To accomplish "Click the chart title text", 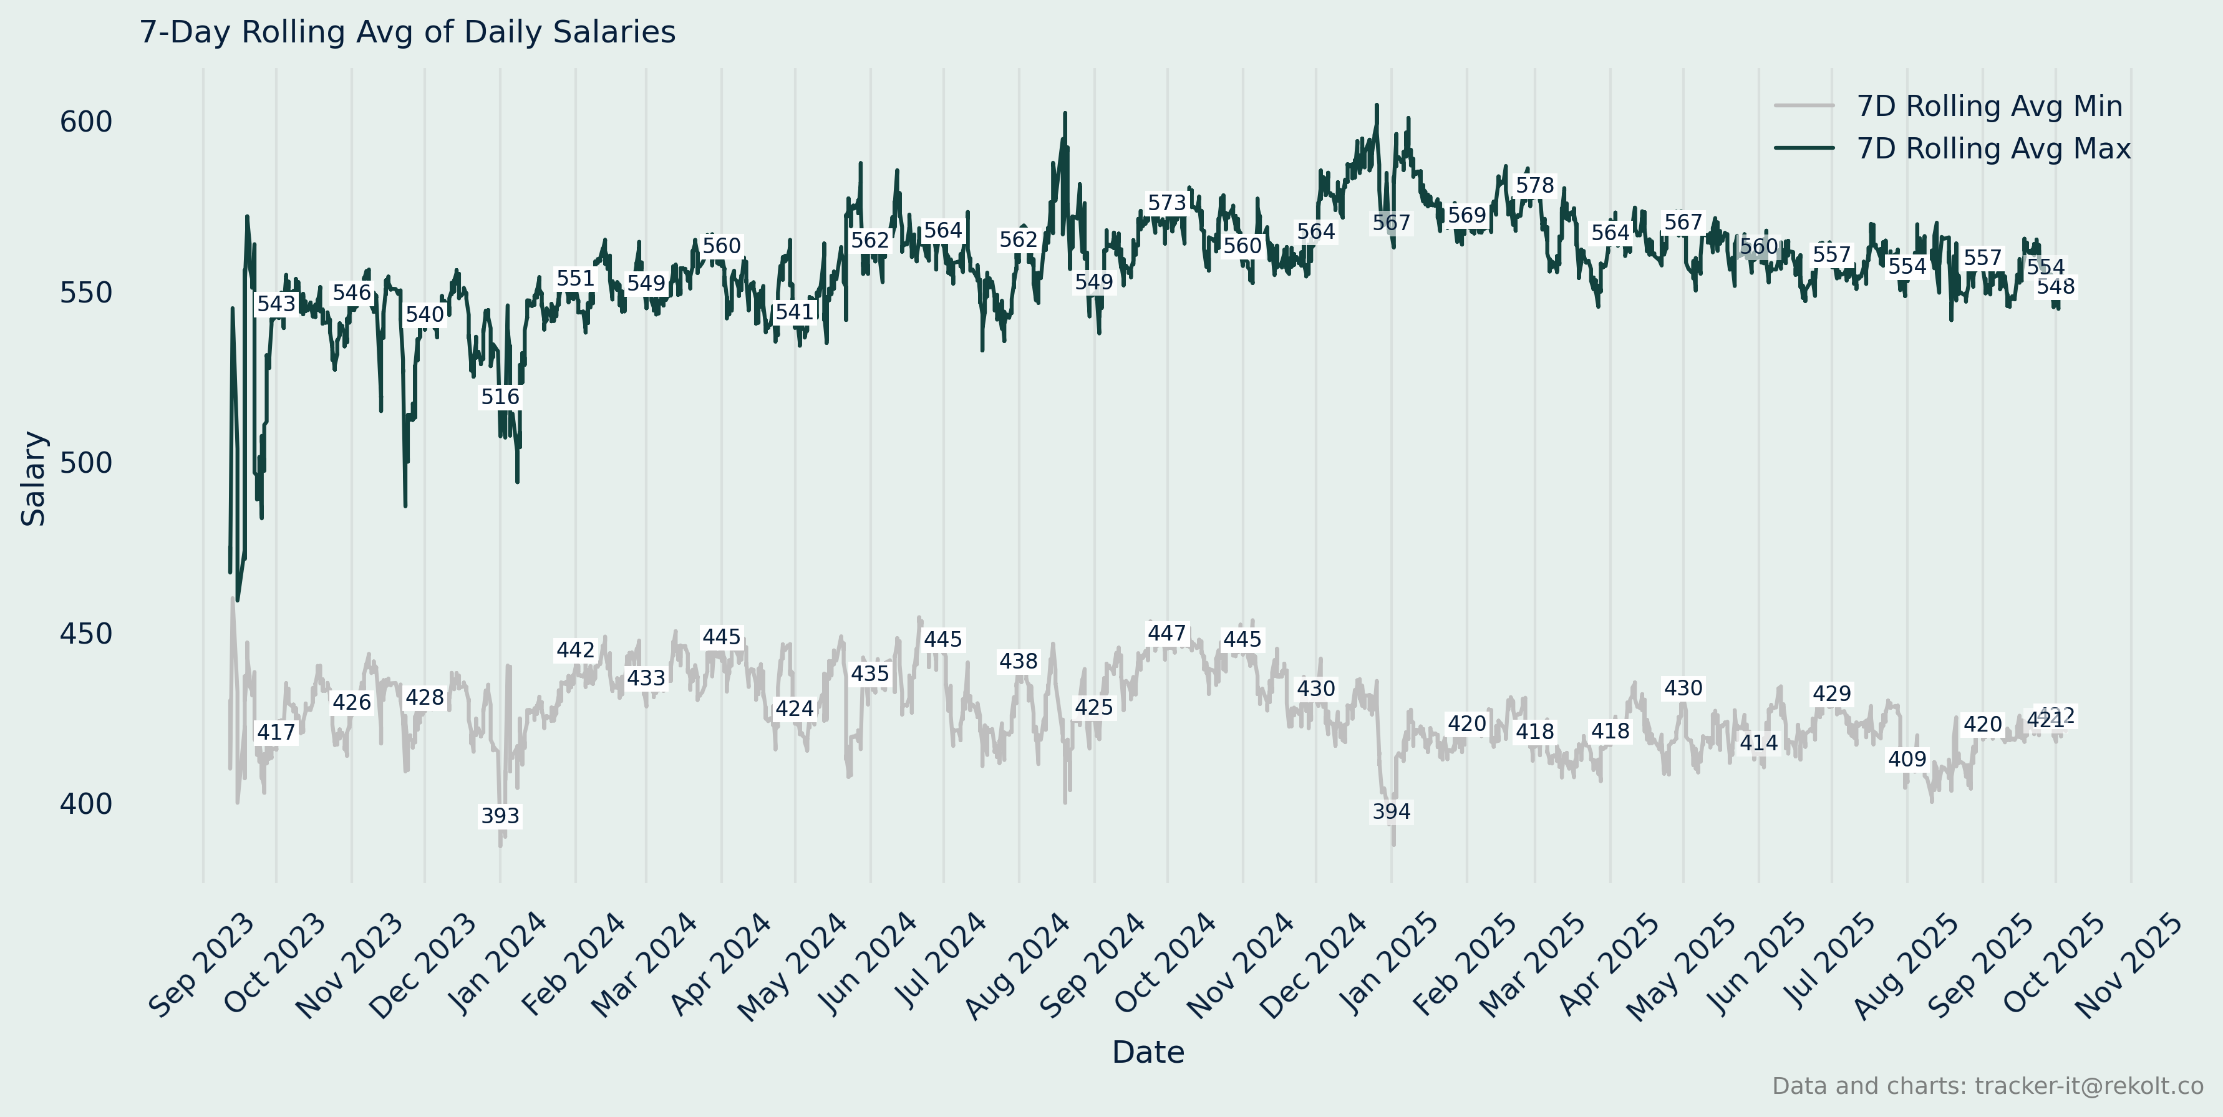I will pos(407,32).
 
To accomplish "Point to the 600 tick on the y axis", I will pos(85,122).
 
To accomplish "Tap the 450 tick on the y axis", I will pos(85,634).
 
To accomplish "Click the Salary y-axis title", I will pos(33,479).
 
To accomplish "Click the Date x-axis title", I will pos(1148,1052).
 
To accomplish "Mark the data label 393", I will pos(500,816).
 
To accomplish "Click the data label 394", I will pos(1391,811).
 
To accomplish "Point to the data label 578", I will pos(1534,185).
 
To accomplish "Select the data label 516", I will pos(500,397).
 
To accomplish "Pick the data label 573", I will pos(1167,203).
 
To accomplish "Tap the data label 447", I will pos(1167,633).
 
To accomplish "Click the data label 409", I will pos(1906,759).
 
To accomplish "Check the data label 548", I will pos(2056,286).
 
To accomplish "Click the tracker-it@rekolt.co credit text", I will pos(1987,1086).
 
